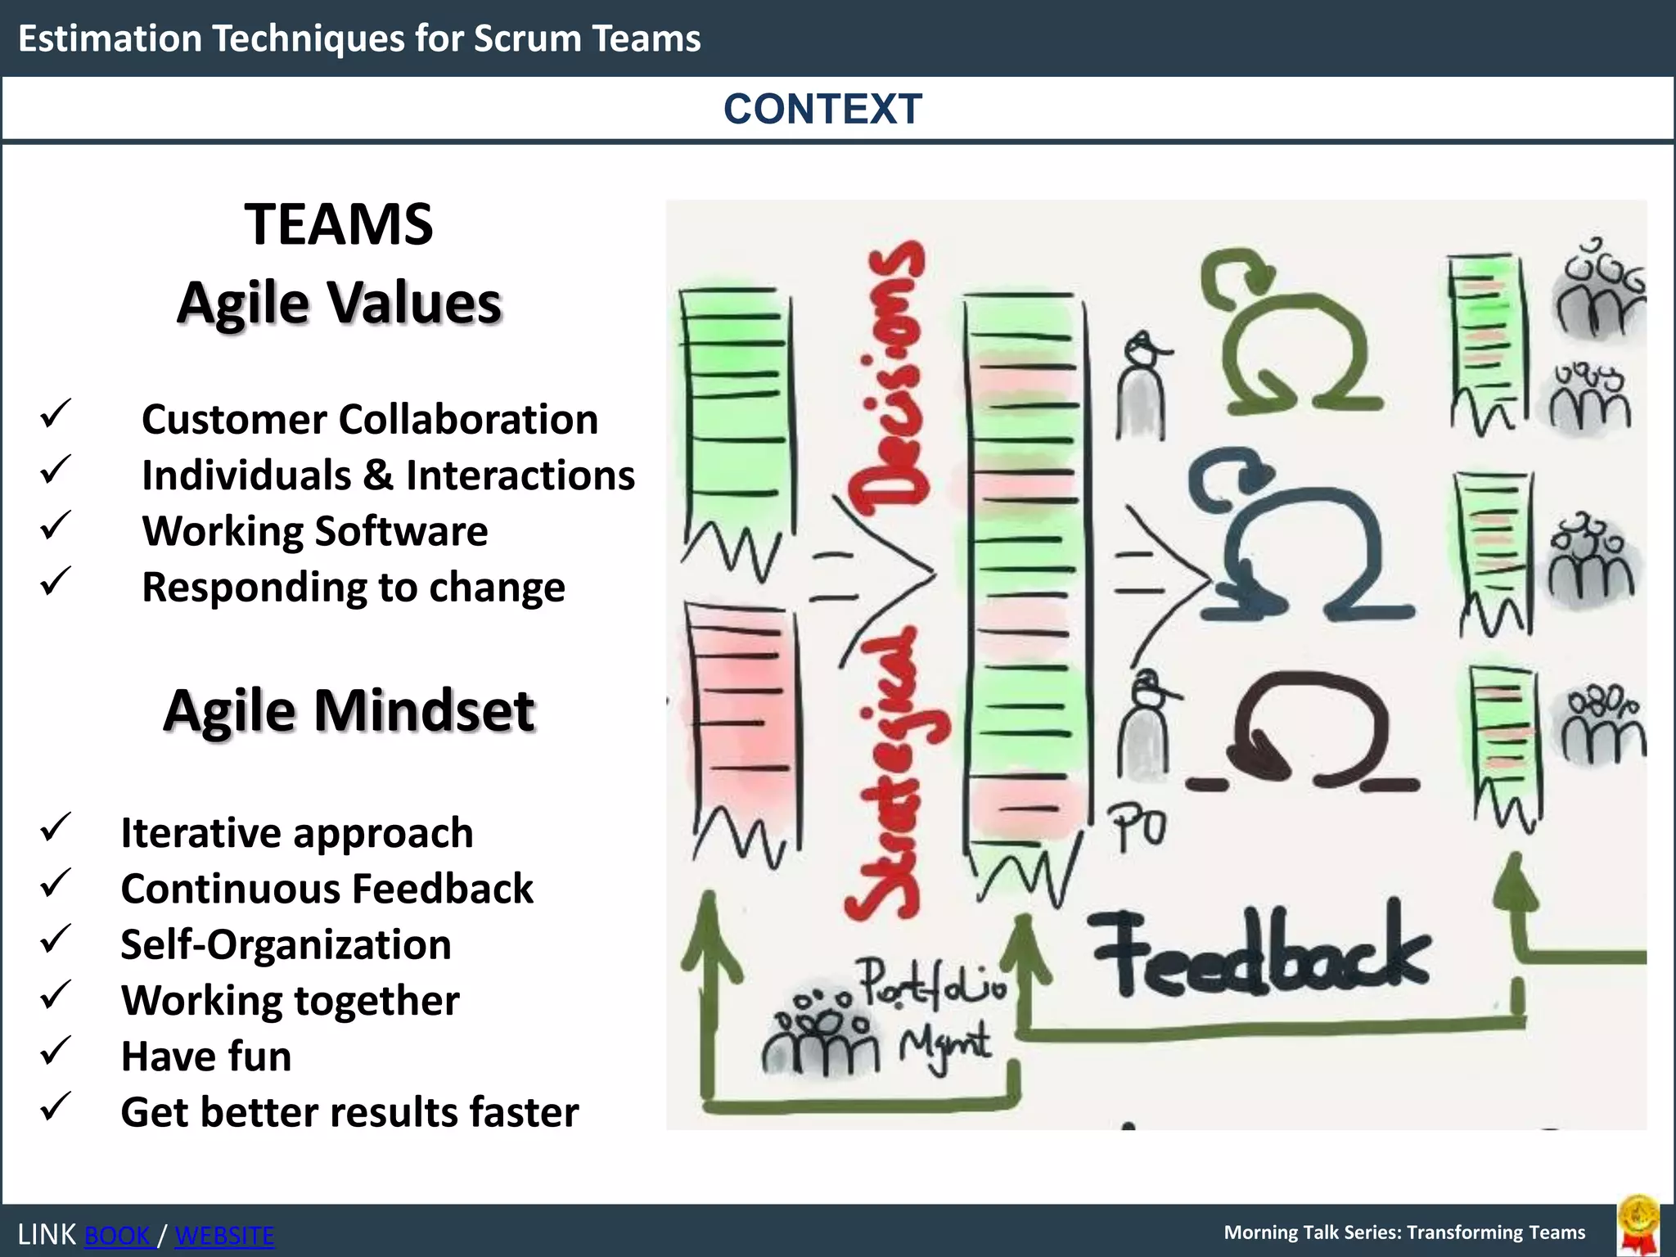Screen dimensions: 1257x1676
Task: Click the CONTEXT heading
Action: (822, 109)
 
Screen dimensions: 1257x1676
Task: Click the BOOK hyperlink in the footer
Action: (118, 1235)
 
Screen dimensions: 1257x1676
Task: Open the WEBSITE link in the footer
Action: (225, 1235)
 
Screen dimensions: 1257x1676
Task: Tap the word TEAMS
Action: (339, 224)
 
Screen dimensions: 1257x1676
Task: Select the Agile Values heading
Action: (339, 303)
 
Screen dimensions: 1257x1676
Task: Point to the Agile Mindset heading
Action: (349, 710)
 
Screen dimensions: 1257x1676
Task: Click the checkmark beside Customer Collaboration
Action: (56, 414)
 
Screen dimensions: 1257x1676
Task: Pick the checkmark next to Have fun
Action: (56, 1052)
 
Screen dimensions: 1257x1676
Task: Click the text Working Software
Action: (315, 531)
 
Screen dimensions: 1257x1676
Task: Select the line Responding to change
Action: (354, 587)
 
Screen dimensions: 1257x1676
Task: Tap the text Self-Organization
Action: (286, 944)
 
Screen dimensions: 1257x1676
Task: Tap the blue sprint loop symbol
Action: (1301, 540)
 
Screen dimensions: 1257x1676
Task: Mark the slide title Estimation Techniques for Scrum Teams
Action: (359, 38)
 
